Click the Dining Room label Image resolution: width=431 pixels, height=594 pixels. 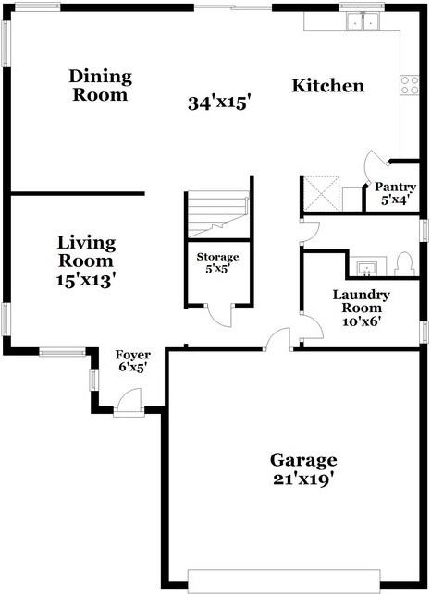pyautogui.click(x=100, y=85)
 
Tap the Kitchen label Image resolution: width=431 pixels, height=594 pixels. pyautogui.click(x=327, y=86)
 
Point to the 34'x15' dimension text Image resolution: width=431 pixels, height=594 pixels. pyautogui.click(x=220, y=103)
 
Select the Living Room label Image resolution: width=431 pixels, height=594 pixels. pyautogui.click(x=86, y=251)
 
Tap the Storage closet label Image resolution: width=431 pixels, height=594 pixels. pyautogui.click(x=217, y=257)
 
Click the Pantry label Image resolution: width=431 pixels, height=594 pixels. pyautogui.click(x=394, y=186)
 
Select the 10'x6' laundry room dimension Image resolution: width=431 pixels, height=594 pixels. pyautogui.click(x=361, y=322)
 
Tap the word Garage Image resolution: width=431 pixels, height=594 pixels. pyautogui.click(x=303, y=459)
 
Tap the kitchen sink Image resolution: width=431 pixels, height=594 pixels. pyautogui.click(x=362, y=21)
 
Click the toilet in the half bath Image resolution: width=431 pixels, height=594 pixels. pyautogui.click(x=401, y=263)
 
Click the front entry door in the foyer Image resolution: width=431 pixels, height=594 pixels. pyautogui.click(x=129, y=403)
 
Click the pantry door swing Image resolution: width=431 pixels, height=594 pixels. pyautogui.click(x=380, y=165)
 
